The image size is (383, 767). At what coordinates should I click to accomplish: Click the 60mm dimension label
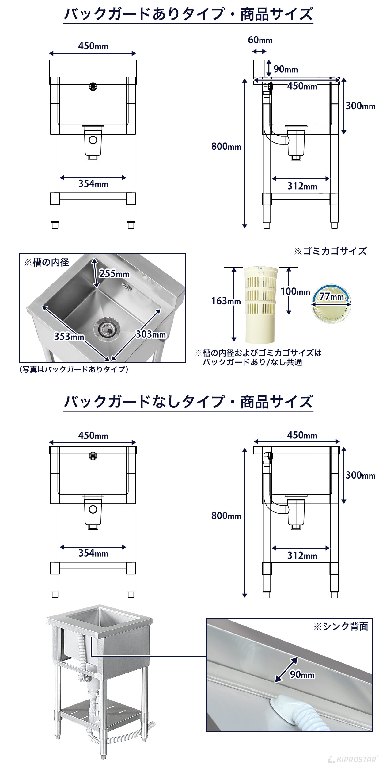260,40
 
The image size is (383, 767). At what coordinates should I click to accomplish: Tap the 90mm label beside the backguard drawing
285,69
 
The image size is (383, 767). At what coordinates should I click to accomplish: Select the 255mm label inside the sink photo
114,273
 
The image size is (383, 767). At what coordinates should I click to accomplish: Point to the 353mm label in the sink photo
69,336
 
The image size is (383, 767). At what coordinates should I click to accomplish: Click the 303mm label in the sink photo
151,334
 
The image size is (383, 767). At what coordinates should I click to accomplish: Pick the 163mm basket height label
226,301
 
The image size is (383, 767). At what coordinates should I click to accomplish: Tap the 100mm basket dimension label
295,291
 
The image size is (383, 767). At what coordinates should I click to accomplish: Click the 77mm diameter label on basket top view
332,297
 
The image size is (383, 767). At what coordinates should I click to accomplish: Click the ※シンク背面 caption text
340,626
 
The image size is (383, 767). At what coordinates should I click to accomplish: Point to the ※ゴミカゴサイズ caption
330,251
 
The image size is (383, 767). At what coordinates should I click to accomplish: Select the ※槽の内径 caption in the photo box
46,262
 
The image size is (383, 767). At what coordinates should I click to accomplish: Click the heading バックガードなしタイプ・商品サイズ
188,402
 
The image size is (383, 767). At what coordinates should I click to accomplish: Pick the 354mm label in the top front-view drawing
93,184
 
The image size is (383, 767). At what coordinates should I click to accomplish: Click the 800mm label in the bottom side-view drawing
226,516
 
